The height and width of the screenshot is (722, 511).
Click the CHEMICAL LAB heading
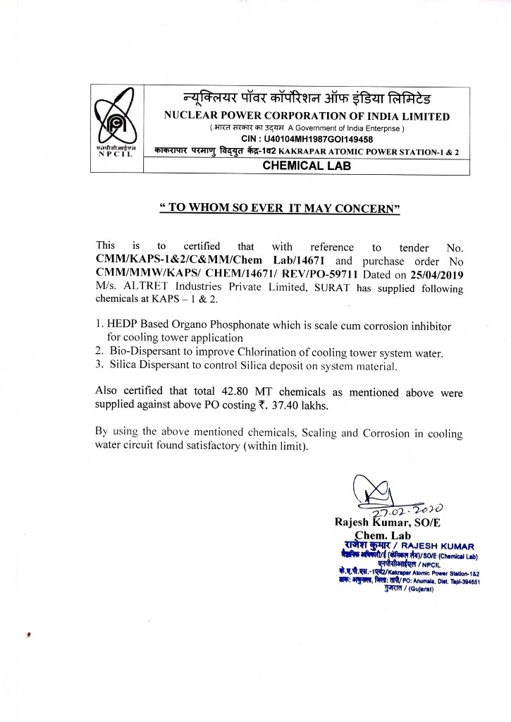(307, 166)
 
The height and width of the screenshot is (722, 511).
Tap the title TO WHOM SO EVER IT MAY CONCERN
(280, 208)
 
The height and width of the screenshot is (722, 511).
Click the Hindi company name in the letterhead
(304, 99)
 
